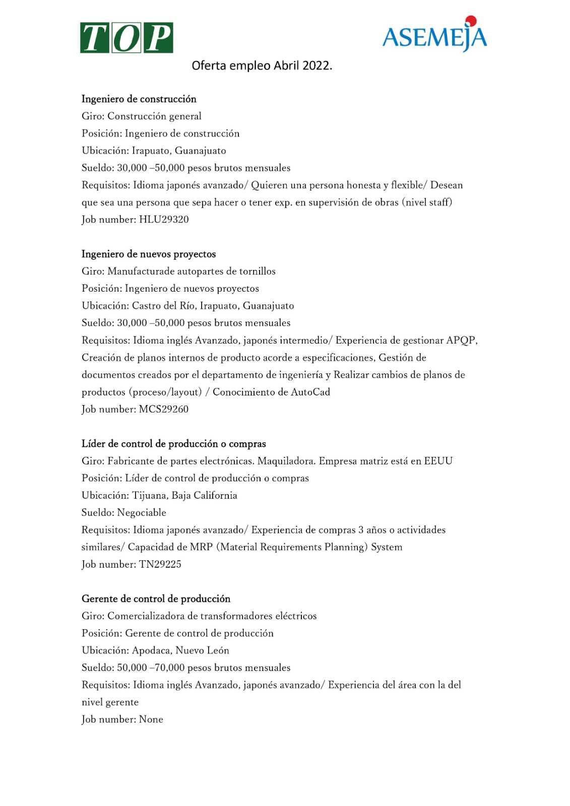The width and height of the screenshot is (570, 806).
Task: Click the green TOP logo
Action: (126, 38)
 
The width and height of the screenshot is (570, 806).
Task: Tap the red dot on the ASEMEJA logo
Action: (471, 21)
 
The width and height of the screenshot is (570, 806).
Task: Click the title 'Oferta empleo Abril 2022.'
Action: (262, 66)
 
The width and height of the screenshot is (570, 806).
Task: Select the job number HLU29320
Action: (164, 219)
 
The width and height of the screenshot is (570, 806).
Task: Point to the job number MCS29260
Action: (164, 409)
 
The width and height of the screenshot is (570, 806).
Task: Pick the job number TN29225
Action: (160, 564)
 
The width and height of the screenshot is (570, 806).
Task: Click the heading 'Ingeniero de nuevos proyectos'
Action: (149, 254)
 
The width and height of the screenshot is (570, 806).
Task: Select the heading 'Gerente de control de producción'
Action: (156, 598)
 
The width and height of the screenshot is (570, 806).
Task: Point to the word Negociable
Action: (142, 512)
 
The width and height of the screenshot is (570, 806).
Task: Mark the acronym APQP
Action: (461, 341)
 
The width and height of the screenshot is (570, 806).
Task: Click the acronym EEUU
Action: (438, 461)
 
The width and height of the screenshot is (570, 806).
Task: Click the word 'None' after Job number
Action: (151, 719)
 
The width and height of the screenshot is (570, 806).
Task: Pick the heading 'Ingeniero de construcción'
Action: (139, 99)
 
